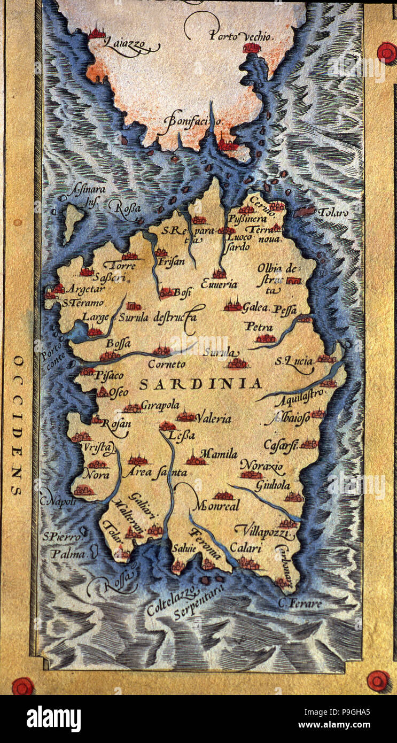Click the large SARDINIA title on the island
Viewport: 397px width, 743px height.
pos(200,383)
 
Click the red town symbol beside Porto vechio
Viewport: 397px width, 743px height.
pos(251,48)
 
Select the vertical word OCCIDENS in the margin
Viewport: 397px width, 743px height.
pos(18,425)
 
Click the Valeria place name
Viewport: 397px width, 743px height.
pos(214,419)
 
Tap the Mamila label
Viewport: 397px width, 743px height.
pos(219,454)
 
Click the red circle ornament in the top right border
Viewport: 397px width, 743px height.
pos(386,52)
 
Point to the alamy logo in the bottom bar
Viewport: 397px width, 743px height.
pos(53,719)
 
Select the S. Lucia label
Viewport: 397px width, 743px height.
pos(294,361)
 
